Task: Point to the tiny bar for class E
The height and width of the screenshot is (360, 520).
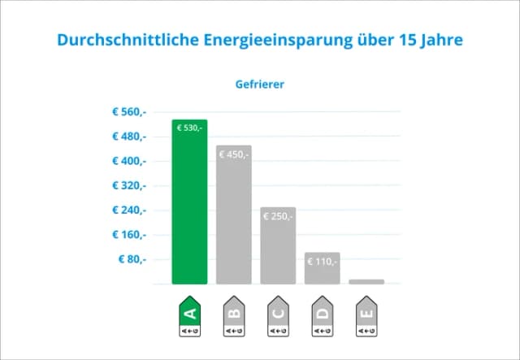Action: [x=366, y=281]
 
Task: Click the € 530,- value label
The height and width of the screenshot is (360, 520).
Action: [x=189, y=128]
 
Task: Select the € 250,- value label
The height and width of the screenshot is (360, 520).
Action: [x=278, y=216]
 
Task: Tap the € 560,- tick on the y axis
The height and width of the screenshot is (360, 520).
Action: [x=129, y=111]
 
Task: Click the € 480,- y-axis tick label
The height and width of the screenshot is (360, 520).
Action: [x=129, y=136]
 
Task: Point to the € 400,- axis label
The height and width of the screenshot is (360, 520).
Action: [x=129, y=161]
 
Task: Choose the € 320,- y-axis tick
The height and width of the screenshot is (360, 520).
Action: [x=129, y=185]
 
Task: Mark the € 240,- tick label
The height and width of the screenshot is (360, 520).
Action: [x=129, y=210]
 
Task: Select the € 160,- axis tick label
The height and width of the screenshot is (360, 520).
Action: [x=129, y=235]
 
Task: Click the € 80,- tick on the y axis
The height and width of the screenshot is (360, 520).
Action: [x=132, y=259]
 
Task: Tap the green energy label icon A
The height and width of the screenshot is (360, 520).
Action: [x=189, y=316]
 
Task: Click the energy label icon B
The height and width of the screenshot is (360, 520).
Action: [x=234, y=316]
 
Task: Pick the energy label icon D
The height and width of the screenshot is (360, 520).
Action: [x=322, y=316]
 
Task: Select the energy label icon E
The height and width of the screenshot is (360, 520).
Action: [x=366, y=316]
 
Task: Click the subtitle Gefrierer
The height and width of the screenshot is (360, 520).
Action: [x=260, y=83]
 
